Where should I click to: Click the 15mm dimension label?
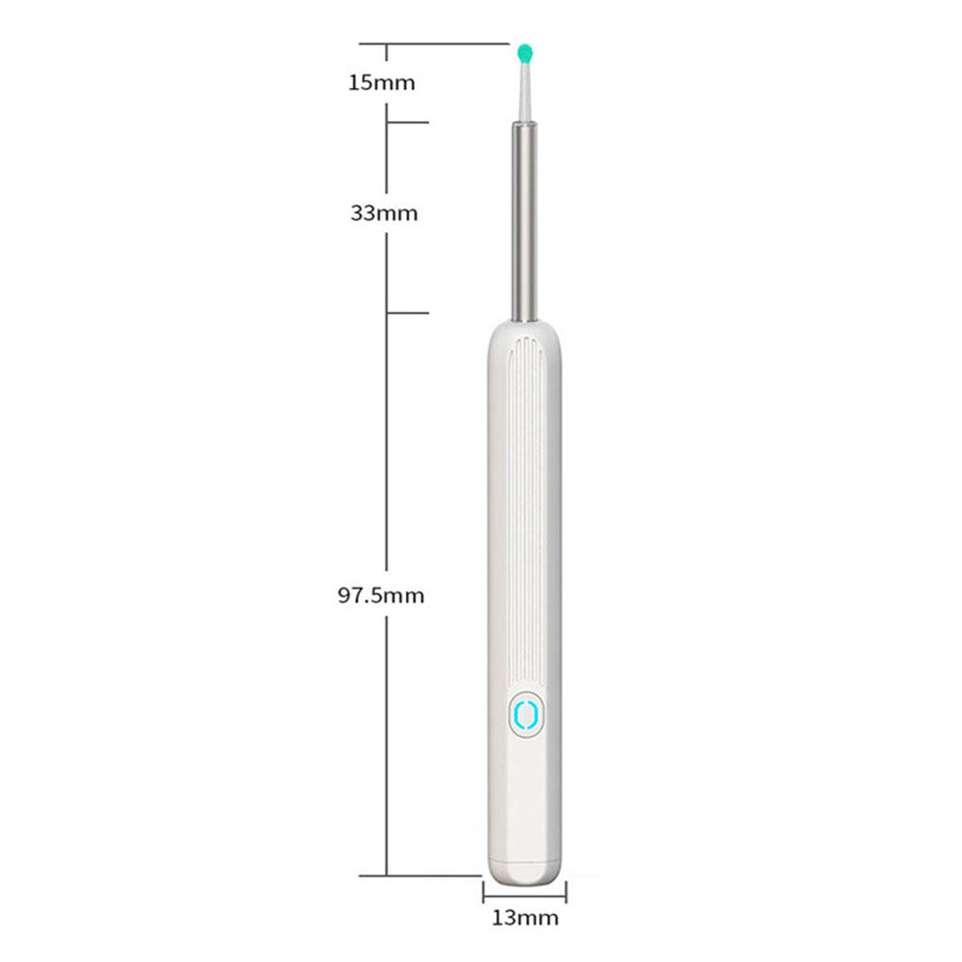[381, 83]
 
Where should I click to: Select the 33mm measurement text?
[384, 213]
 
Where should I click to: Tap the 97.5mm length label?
[380, 595]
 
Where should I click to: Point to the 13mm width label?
[524, 917]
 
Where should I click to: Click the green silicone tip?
[524, 50]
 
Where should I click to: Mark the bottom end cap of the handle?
[524, 860]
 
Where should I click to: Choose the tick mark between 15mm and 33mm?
[407, 122]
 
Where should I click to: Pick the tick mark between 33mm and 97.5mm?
[407, 313]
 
